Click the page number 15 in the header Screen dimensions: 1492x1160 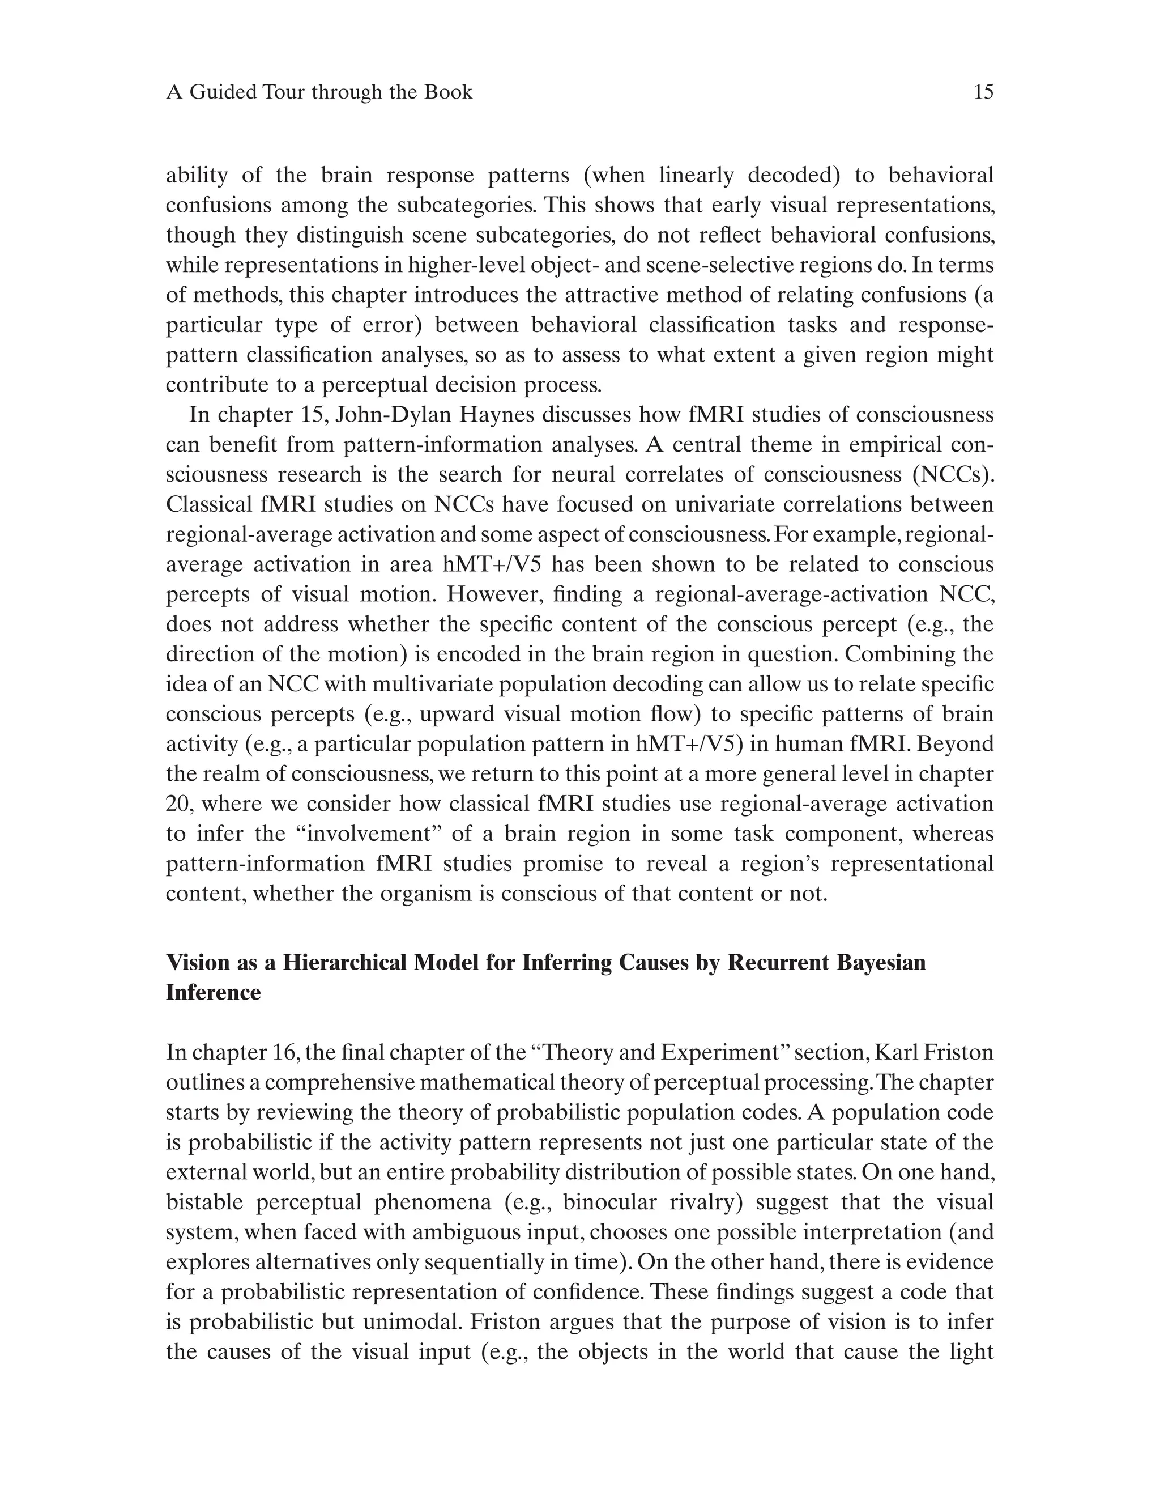(983, 92)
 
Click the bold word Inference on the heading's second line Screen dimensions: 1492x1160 (213, 992)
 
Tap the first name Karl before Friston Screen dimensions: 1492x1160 (896, 1052)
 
